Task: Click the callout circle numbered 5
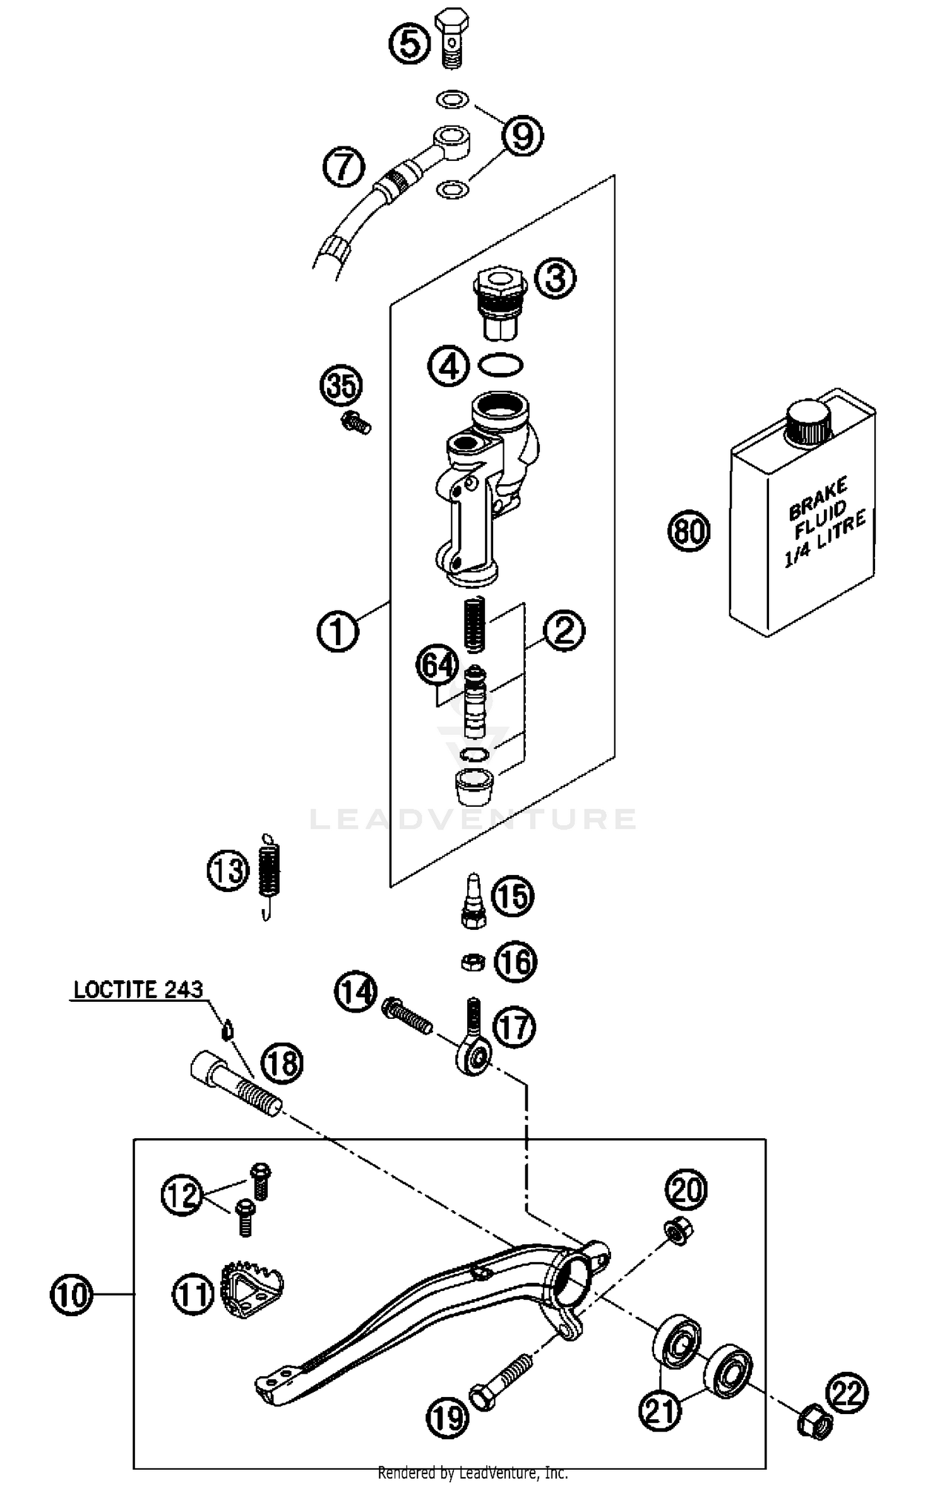[x=409, y=44]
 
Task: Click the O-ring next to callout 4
[x=501, y=365]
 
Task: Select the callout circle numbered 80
[x=689, y=530]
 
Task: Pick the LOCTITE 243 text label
[x=138, y=989]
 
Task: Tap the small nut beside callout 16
[x=472, y=963]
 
